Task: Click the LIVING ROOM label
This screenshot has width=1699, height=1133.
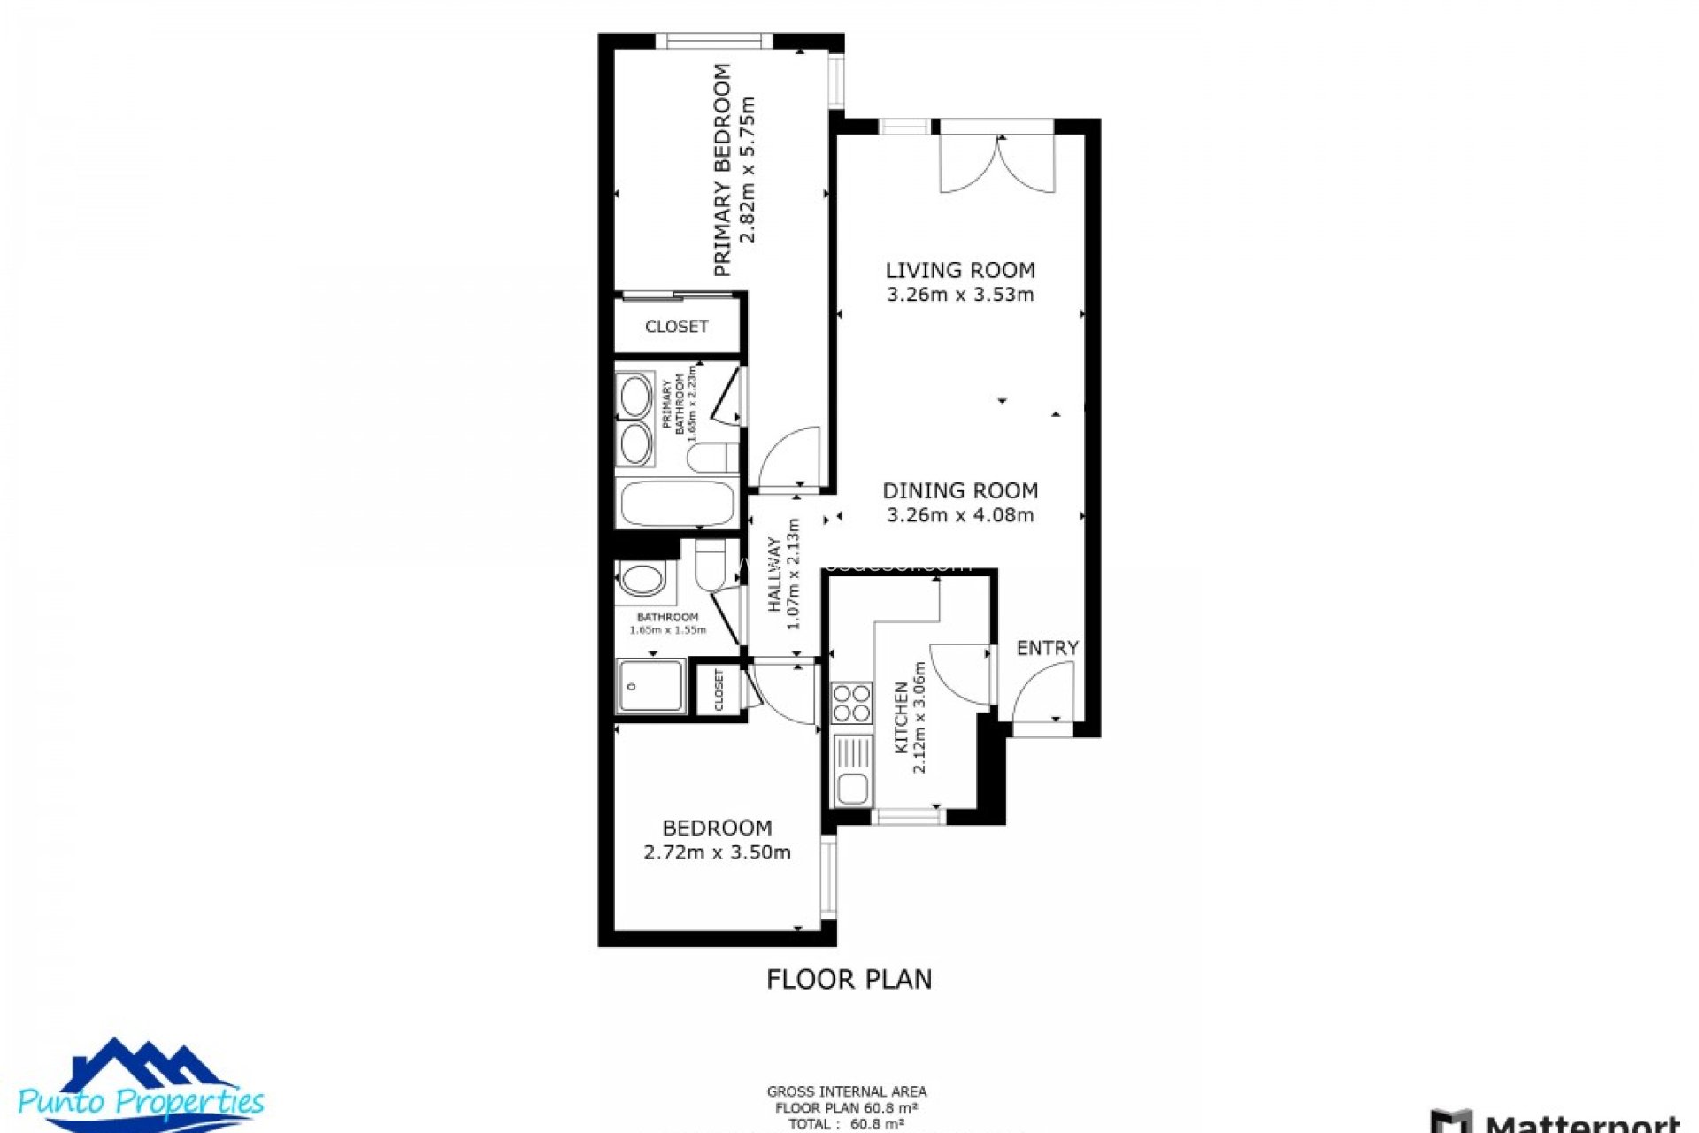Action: (960, 270)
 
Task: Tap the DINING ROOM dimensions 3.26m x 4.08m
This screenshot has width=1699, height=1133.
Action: (960, 515)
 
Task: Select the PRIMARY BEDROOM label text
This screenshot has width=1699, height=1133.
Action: (723, 169)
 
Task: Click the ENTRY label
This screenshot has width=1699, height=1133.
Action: (1047, 648)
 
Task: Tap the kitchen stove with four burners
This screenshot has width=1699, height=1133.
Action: (851, 704)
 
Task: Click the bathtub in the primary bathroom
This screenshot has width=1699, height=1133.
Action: (677, 504)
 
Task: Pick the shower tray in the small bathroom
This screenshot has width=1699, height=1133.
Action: (650, 686)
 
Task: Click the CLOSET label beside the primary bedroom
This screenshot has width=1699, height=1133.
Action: (676, 327)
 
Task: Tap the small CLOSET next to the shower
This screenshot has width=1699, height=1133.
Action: (719, 690)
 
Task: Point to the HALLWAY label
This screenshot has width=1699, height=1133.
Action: (775, 574)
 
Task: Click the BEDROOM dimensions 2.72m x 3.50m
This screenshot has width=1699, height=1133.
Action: (717, 852)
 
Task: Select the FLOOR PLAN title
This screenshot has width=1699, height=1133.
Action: (849, 979)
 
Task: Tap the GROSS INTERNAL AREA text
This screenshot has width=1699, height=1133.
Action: (846, 1091)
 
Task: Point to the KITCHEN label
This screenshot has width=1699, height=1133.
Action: (901, 717)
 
